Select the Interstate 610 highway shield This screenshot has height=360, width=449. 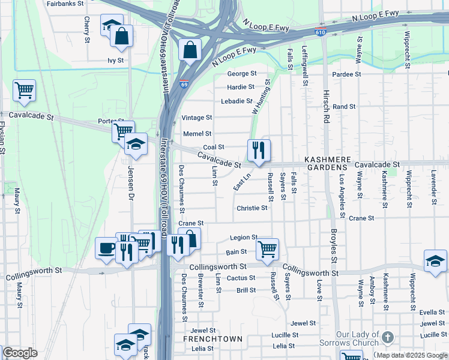[322, 32]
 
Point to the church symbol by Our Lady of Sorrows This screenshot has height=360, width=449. [388, 338]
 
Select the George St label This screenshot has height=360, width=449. [241, 74]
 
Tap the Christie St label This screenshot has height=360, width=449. [252, 208]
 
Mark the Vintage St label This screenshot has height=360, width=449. [197, 118]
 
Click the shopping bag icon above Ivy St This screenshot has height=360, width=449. [121, 37]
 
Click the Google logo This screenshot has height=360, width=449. [20, 353]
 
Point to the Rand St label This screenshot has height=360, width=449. [344, 106]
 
